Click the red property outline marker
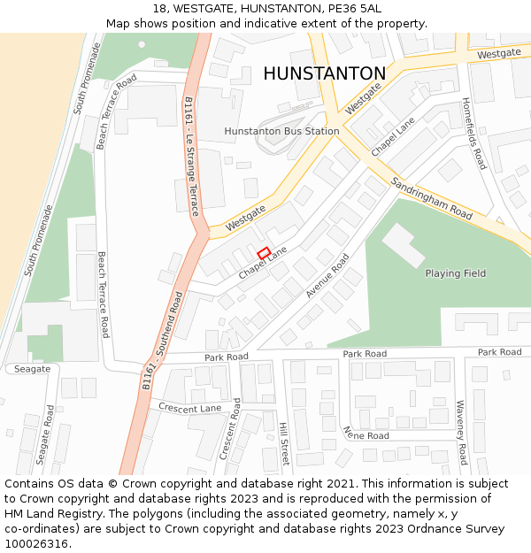tap(264, 253)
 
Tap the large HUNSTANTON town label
tap(325, 73)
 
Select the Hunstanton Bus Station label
tap(281, 131)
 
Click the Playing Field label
tap(455, 273)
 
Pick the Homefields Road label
tap(474, 134)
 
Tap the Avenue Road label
tap(327, 275)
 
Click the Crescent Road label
tap(230, 428)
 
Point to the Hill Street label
tap(283, 443)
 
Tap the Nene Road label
tap(366, 434)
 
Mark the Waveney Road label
tap(460, 432)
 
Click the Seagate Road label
tap(44, 434)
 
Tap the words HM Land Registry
tap(50, 514)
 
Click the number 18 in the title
tap(160, 8)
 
